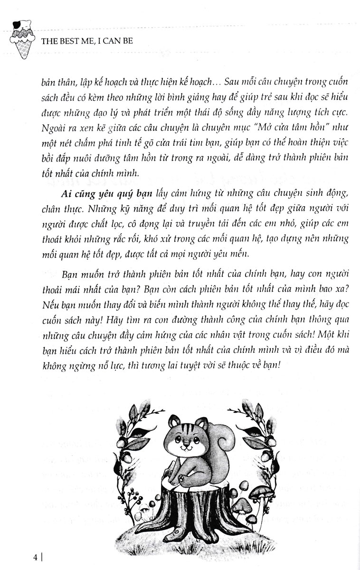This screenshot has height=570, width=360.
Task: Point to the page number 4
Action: tap(37, 555)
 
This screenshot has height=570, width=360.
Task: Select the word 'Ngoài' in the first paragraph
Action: tap(50, 126)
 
